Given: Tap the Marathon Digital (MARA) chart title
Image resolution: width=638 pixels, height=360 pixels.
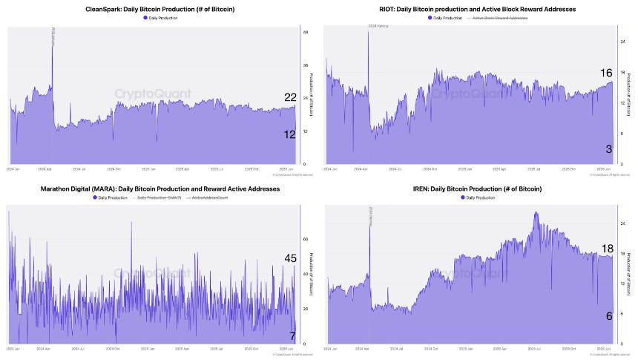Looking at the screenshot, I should click(160, 189).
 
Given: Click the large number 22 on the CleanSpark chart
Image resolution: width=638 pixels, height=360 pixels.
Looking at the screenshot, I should click(290, 97).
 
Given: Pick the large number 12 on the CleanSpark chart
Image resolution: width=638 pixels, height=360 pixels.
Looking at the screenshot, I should click(290, 134).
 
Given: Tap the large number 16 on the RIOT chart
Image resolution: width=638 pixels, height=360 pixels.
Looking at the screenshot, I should click(606, 73).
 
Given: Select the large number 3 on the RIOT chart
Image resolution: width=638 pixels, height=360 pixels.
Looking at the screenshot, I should click(608, 149).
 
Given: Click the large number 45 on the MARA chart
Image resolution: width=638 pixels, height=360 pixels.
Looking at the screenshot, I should click(290, 258).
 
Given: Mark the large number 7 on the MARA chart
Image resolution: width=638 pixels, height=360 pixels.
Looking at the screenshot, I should click(292, 336).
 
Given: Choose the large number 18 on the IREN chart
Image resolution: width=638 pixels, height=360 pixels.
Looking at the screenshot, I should click(607, 249).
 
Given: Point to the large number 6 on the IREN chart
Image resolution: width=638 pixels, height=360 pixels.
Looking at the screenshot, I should click(609, 315).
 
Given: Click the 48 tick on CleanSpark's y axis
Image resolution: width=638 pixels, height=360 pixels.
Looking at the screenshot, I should click(306, 32).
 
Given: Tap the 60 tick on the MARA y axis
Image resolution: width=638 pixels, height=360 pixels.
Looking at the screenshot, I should click(306, 240).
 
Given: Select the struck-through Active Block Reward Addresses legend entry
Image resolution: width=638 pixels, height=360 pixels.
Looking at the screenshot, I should click(499, 17).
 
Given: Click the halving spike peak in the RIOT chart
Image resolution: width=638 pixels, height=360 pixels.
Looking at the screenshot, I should click(369, 32).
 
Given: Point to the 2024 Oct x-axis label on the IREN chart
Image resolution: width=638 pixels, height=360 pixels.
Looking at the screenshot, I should click(432, 349).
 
